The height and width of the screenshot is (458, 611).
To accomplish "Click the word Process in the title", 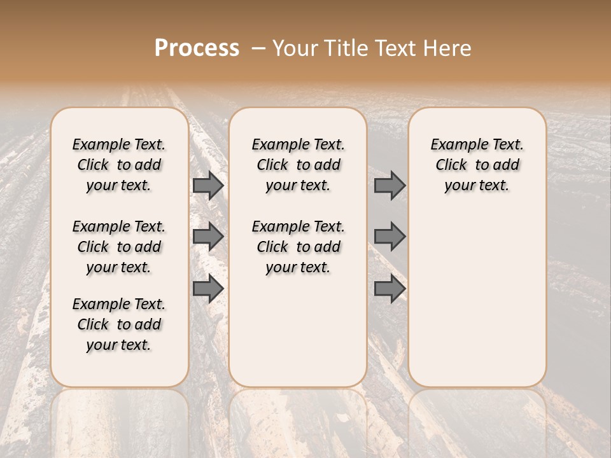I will pos(197,48).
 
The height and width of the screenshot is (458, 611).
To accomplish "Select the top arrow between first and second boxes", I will pos(207,186).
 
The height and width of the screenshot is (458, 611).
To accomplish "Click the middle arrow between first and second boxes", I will pos(207,237).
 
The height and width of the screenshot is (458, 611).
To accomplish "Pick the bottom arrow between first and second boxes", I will pos(207,289).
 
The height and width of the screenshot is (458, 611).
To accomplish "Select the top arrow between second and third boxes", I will pos(390,186).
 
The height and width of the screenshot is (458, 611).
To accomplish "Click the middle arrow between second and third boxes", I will pos(390,237).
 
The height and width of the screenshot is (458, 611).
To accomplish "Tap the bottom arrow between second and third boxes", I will pos(390,289).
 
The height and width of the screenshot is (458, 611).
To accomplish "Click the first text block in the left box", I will pos(119,165).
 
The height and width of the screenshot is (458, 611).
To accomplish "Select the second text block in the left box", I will pos(119,247).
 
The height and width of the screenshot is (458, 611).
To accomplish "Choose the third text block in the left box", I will pos(119,324).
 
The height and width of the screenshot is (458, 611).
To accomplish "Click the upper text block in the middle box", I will pos(298,165).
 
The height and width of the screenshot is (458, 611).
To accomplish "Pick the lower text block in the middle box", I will pos(298,247).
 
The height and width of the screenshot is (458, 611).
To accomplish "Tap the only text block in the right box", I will pos(477,165).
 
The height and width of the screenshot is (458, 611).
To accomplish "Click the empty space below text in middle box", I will pos(298,331).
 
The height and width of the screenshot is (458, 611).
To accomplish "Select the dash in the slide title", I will pos(258,48).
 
